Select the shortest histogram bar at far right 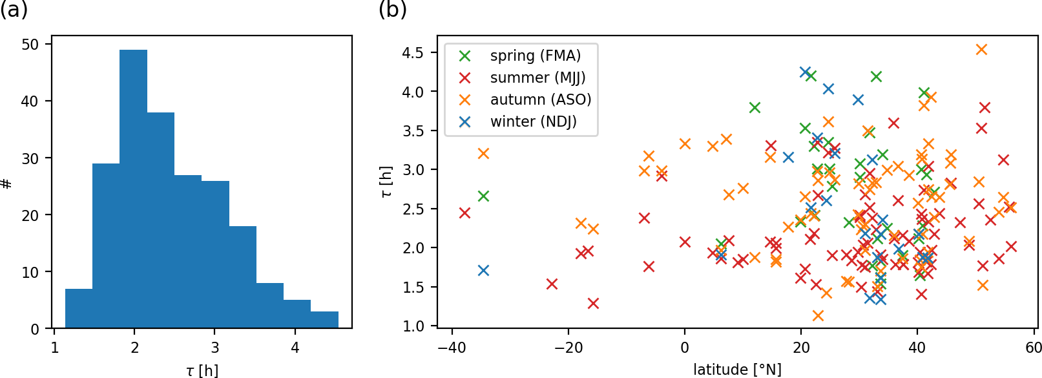[x=324, y=320]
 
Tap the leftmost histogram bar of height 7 [x=79, y=308]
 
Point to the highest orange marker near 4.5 [x=981, y=50]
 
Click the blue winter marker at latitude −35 [x=483, y=270]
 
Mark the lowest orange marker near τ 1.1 [x=818, y=315]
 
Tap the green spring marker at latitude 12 [x=755, y=107]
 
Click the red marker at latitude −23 [x=552, y=284]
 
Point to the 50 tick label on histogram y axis [x=30, y=45]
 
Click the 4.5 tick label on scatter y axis [x=412, y=52]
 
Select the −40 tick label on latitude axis [x=452, y=348]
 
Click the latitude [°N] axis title [x=737, y=370]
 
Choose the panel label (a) [x=14, y=10]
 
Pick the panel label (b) [x=392, y=10]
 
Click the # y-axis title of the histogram [x=7, y=184]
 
